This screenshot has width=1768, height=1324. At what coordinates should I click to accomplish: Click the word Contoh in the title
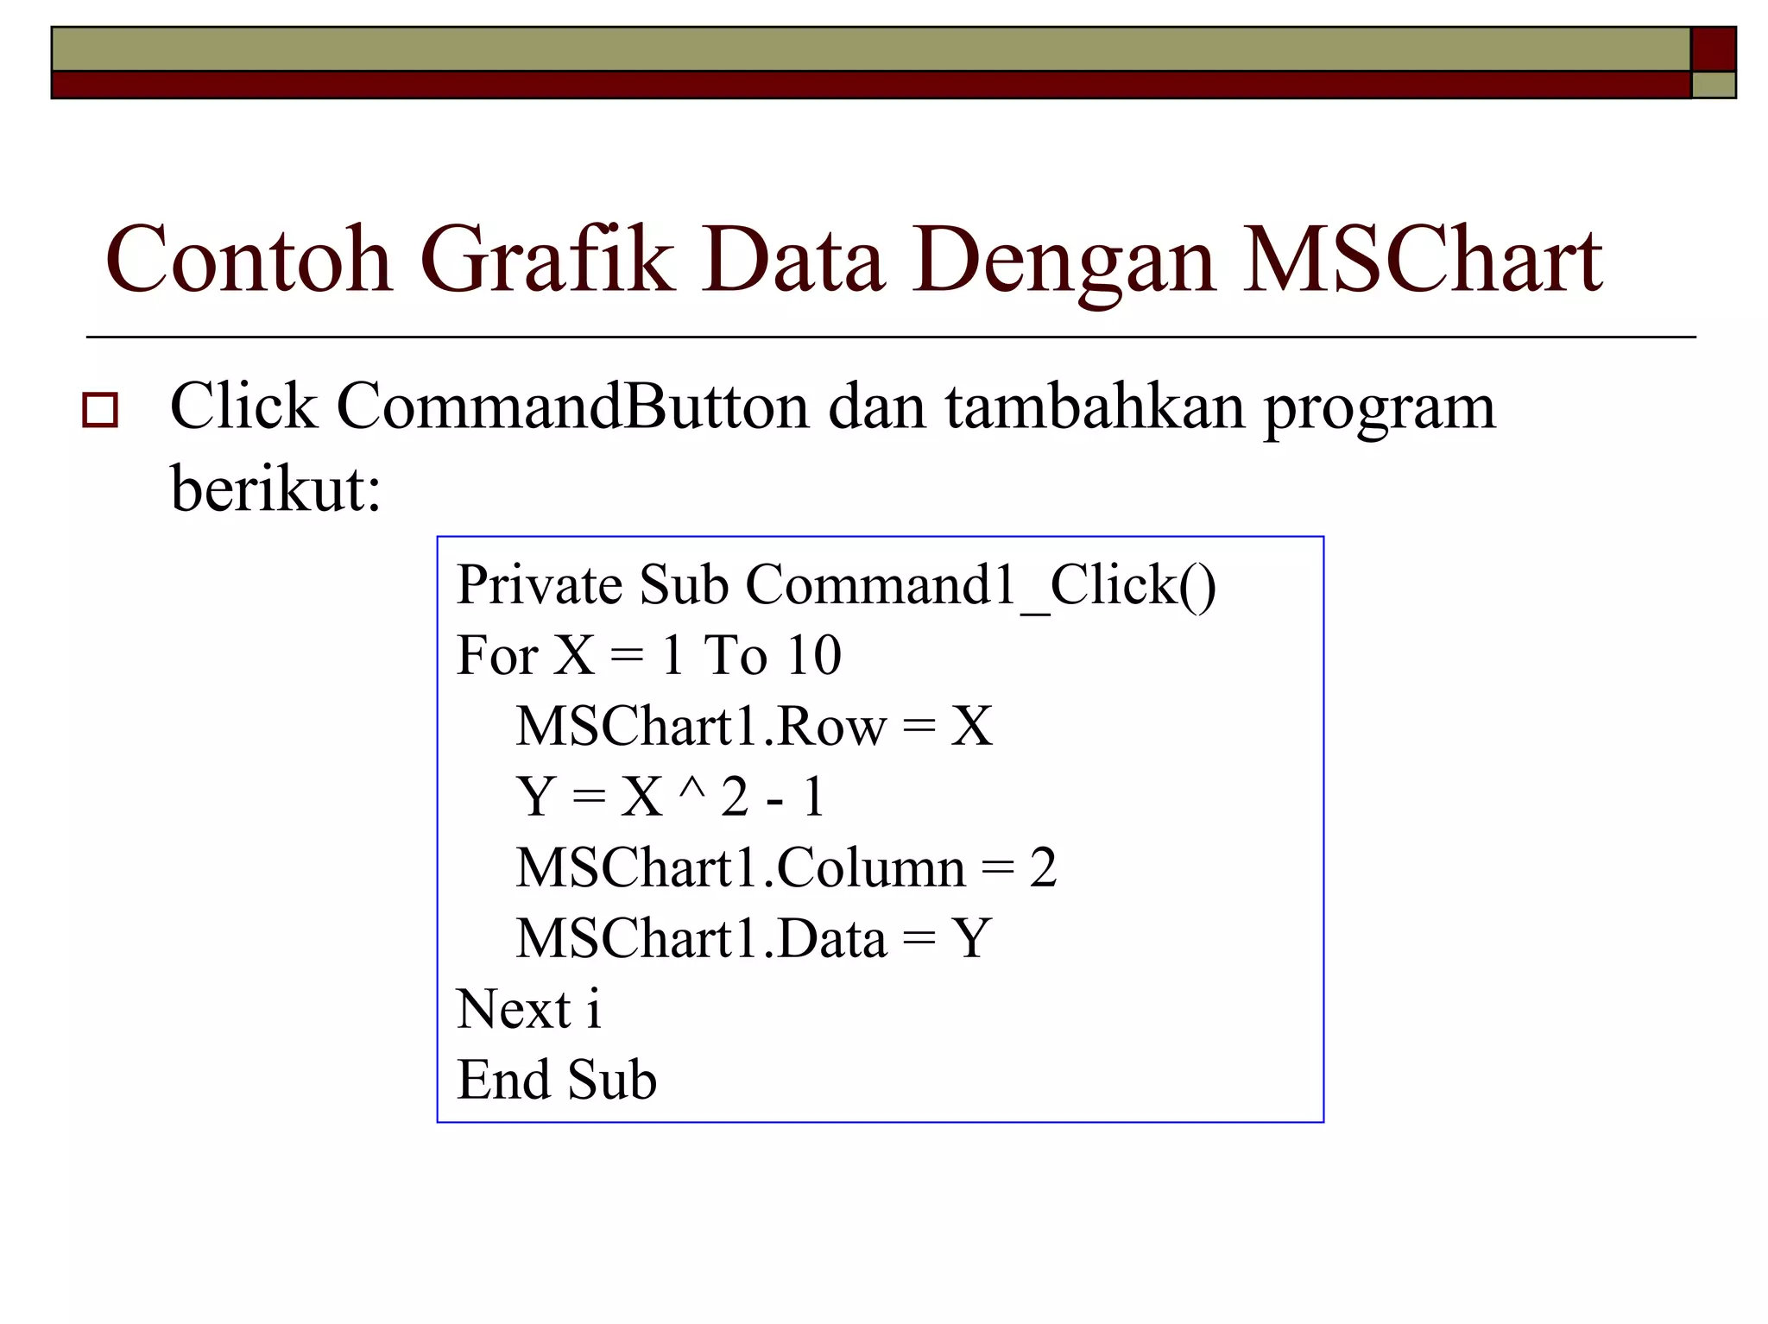pos(249,260)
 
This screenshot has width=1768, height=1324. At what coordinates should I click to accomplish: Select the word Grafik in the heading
pos(546,260)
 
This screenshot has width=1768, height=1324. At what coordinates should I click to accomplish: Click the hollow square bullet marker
pos(100,410)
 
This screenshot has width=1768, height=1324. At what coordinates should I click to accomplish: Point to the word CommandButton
pos(572,406)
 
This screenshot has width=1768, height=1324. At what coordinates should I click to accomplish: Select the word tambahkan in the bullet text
pos(1095,406)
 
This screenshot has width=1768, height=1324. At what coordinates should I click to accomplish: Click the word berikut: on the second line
pos(275,489)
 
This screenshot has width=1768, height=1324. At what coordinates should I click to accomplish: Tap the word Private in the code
pos(539,585)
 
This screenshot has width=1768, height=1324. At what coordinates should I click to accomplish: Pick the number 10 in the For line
pos(813,655)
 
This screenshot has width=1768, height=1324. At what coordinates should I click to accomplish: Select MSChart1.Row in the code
pos(701,726)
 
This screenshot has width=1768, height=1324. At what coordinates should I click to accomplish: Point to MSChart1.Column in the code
pos(740,867)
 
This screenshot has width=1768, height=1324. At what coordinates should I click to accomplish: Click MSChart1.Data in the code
pos(701,938)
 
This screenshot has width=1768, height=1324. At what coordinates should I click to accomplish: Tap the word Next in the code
pos(513,1009)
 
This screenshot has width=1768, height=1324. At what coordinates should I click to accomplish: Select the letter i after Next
pos(593,1009)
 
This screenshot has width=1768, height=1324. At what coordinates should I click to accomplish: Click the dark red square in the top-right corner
pos(1713,49)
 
